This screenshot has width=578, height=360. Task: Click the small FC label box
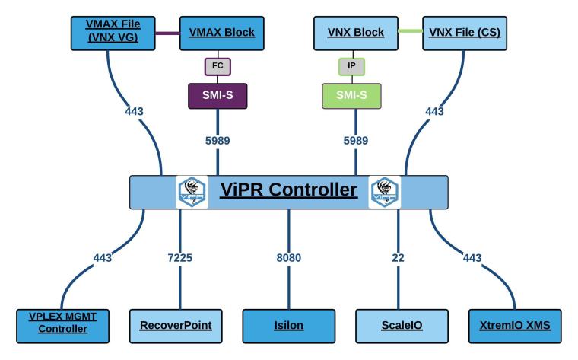tap(217, 67)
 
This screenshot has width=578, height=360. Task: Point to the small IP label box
tap(352, 67)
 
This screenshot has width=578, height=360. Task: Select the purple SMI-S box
tap(217, 95)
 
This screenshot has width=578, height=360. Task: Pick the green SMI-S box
tap(352, 95)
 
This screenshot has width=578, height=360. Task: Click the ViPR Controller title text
tap(288, 190)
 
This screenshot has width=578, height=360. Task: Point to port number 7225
tap(180, 258)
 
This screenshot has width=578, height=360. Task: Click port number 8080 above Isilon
tap(288, 258)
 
